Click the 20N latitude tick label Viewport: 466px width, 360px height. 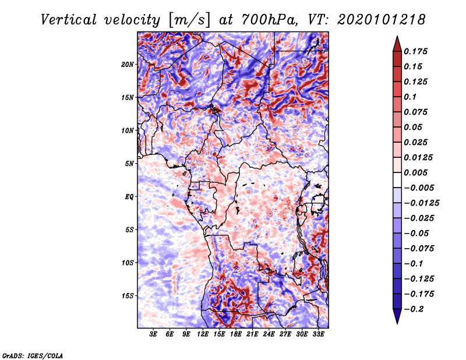[x=128, y=64]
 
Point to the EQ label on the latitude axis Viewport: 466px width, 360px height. [x=129, y=196]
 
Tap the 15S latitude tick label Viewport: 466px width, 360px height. [x=128, y=295]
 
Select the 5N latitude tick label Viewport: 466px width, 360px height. [x=129, y=163]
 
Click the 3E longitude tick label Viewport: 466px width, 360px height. [x=154, y=334]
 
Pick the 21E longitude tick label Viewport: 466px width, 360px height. [x=252, y=334]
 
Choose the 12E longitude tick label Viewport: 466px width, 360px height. [x=203, y=334]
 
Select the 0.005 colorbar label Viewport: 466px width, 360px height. [x=419, y=172]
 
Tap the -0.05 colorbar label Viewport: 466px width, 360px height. [x=418, y=233]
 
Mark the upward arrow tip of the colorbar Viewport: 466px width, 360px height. [x=397, y=38]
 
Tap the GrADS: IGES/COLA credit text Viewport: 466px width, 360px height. [x=32, y=354]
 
